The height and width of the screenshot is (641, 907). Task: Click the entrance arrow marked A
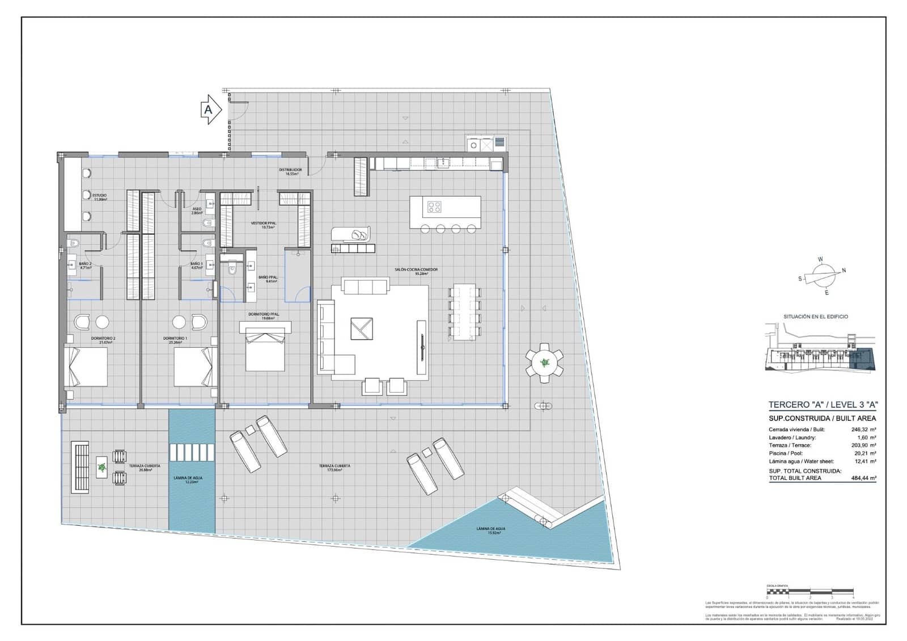(210, 109)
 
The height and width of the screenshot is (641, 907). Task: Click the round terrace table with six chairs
(544, 362)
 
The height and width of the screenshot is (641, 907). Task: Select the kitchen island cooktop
(435, 207)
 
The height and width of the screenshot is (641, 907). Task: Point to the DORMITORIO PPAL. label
(264, 316)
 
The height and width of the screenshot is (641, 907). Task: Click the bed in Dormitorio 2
(87, 366)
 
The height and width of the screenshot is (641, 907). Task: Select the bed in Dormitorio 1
(194, 366)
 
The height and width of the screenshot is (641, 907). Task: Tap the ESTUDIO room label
(100, 197)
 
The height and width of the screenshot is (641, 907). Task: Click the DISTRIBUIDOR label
(290, 171)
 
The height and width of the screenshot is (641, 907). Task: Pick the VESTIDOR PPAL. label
(264, 225)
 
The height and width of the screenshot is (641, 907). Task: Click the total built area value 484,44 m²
(863, 478)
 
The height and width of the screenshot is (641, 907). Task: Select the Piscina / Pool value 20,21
(863, 453)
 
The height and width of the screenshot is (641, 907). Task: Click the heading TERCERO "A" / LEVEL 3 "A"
(823, 404)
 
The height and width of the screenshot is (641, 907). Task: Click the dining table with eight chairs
(464, 312)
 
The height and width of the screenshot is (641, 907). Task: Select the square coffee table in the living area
(361, 328)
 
